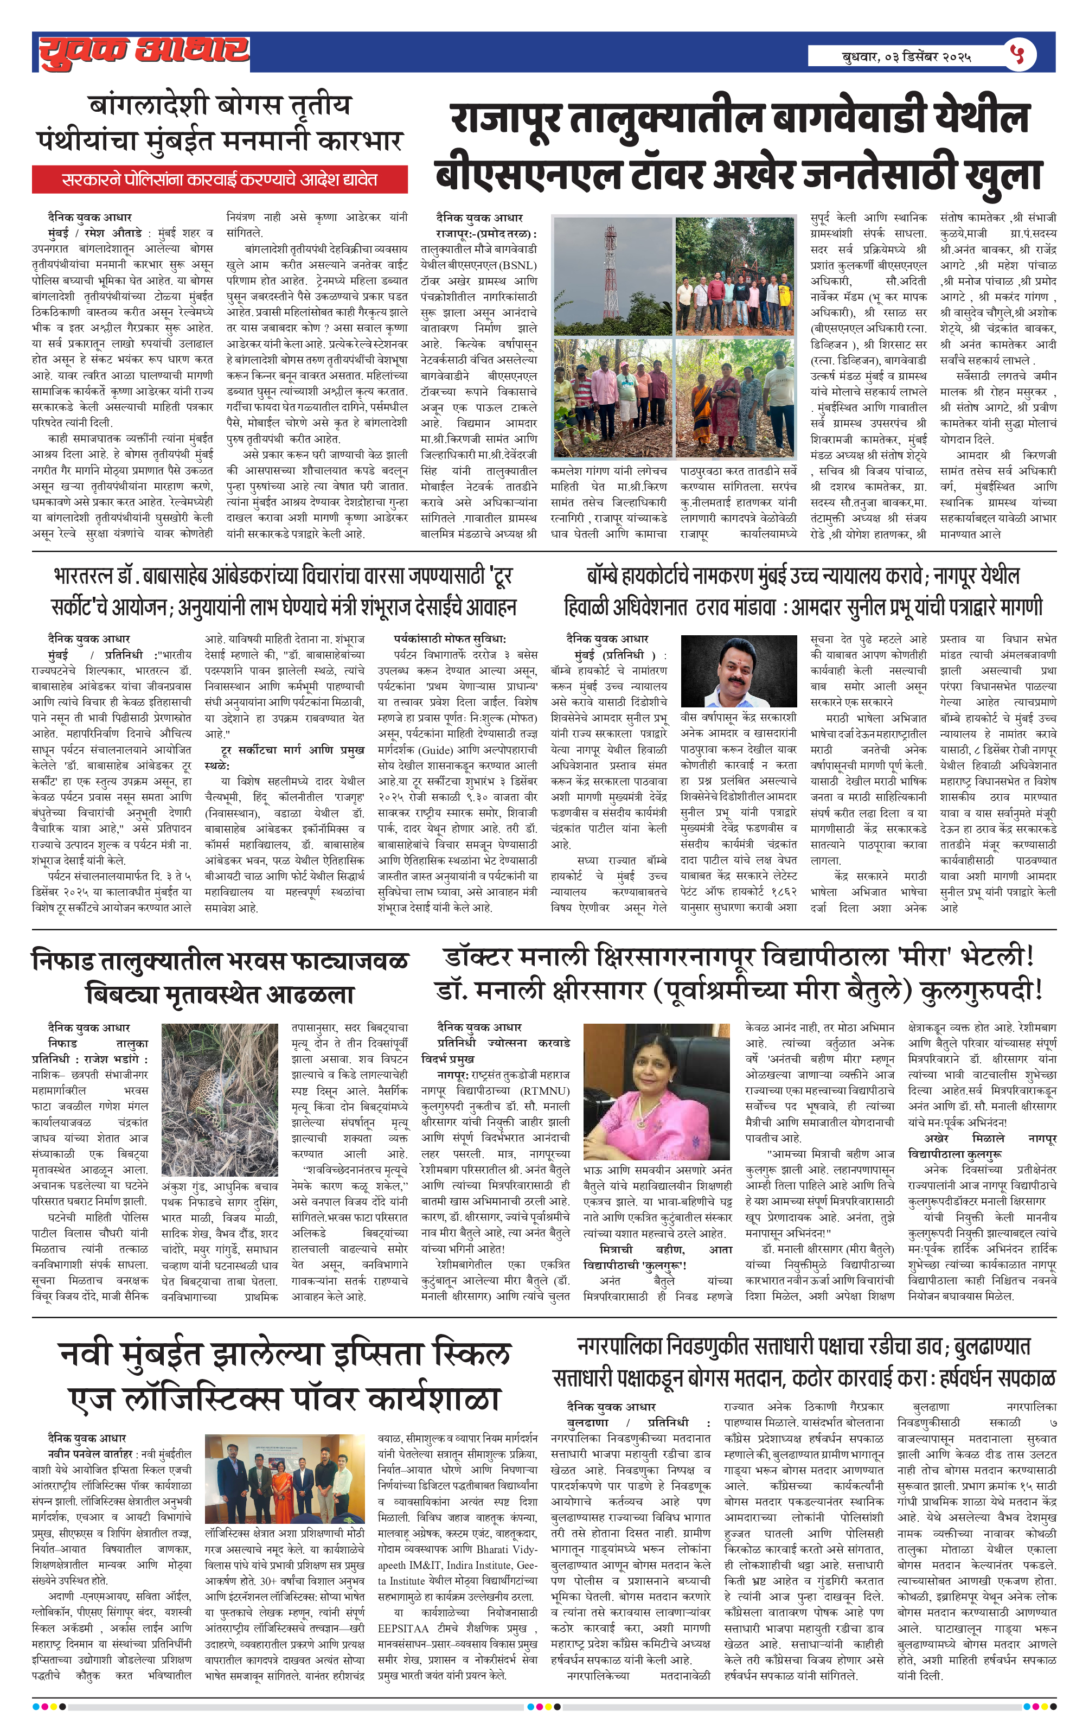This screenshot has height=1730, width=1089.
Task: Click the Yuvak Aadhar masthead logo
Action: (144, 52)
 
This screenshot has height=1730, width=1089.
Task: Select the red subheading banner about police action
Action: (219, 180)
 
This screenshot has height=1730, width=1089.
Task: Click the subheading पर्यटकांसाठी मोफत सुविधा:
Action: (450, 639)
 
